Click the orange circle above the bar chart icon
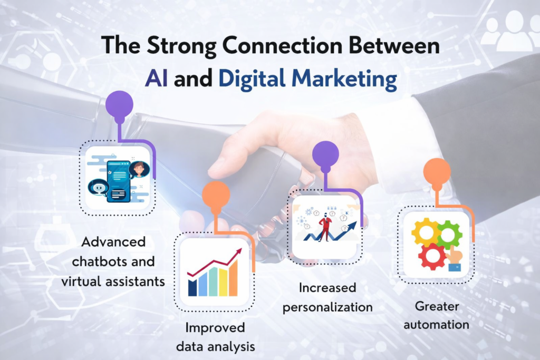tap(216, 194)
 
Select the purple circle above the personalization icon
tap(325, 153)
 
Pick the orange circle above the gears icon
tap(437, 171)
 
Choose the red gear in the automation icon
tap(432, 255)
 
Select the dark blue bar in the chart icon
tap(192, 287)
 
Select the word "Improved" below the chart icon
tap(215, 327)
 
